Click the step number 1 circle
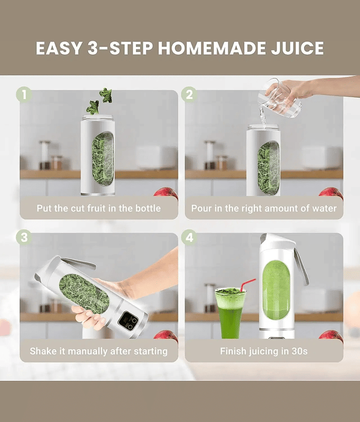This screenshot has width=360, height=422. point(24,94)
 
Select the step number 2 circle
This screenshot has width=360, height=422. point(189,94)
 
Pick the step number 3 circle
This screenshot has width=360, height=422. point(24,237)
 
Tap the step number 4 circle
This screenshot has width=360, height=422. point(189,237)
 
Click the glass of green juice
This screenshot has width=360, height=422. point(230,313)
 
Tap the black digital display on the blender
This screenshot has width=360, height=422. point(129,320)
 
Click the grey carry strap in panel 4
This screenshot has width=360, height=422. point(301,266)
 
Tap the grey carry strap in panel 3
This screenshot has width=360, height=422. point(79,263)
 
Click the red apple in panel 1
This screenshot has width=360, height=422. point(167,193)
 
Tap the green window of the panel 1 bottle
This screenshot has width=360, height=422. point(103,159)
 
